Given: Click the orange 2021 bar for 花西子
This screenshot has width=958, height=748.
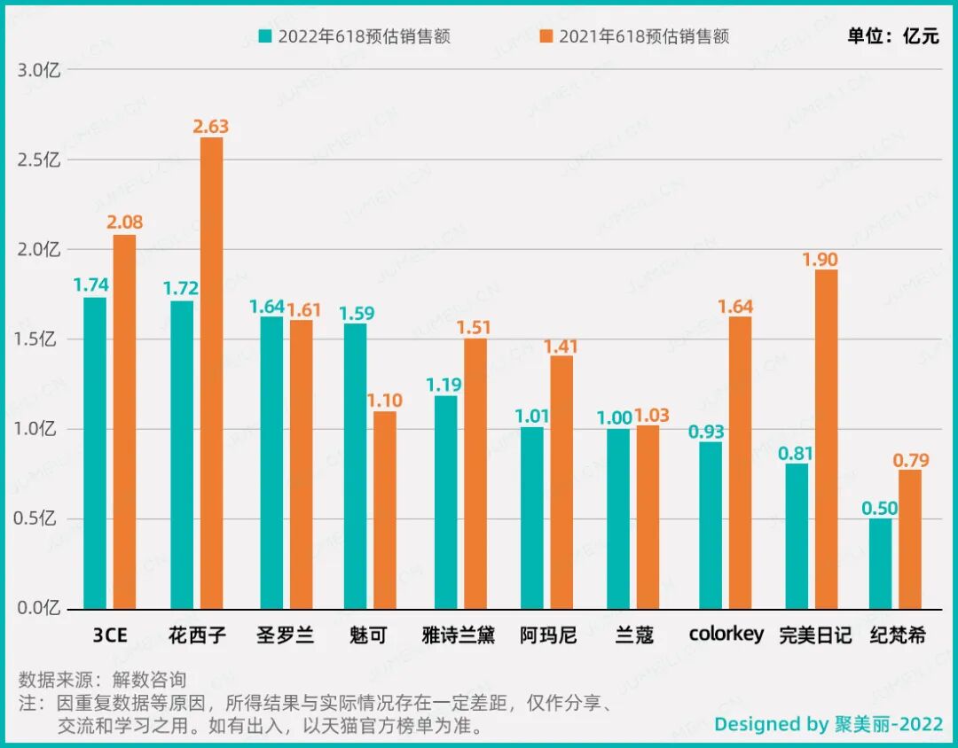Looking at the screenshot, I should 211,372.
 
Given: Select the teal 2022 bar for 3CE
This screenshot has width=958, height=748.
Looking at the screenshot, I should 95,452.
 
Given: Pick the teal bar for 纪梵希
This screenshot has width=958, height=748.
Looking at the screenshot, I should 880,564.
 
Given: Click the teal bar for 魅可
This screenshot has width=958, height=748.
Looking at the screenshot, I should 355,465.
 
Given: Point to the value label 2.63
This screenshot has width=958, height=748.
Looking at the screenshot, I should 211,127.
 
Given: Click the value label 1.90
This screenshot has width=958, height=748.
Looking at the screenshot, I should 820,260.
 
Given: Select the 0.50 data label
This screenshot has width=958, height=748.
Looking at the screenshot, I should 880,508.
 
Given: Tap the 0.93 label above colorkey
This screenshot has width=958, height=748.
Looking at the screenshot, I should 706,432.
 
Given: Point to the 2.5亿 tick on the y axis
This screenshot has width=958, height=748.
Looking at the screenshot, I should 38,160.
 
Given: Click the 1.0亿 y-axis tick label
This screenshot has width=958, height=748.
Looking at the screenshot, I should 38,429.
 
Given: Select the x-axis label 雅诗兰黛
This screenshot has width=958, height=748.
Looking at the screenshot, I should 459,635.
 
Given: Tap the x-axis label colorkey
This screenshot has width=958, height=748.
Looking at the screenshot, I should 726,635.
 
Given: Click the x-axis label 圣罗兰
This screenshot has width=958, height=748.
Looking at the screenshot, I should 285,635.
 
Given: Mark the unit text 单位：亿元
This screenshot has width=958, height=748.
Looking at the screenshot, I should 892,36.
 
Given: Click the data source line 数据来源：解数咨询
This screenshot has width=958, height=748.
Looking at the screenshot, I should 102,680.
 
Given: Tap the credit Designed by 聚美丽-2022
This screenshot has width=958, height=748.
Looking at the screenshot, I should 828,724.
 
